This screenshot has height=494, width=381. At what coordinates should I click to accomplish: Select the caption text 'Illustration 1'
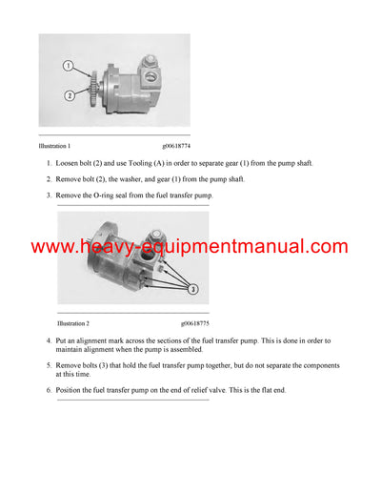tap(54, 147)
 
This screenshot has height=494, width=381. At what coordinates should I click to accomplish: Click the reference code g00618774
tap(176, 147)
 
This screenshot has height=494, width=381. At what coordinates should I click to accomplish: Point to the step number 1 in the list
tap(49, 163)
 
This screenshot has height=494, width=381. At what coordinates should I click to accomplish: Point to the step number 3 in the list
tap(49, 196)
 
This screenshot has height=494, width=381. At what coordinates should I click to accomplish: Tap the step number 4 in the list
tap(49, 340)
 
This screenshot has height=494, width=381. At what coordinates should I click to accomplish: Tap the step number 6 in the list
tap(49, 390)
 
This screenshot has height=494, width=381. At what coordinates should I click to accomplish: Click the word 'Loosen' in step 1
tap(71, 163)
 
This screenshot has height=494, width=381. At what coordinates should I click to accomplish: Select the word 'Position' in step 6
tap(73, 390)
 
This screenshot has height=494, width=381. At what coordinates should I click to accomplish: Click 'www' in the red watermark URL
tap(53, 247)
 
